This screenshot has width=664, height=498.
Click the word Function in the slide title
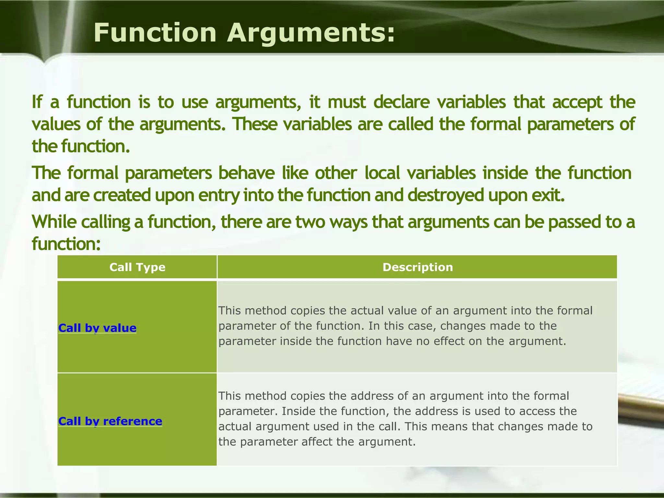pyautogui.click(x=155, y=33)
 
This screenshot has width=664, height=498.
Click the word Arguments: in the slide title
pyautogui.click(x=311, y=33)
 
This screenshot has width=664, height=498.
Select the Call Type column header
pyautogui.click(x=137, y=267)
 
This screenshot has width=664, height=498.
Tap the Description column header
pyautogui.click(x=418, y=267)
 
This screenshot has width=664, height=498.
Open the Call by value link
pyautogui.click(x=97, y=328)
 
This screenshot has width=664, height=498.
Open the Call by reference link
pyautogui.click(x=110, y=421)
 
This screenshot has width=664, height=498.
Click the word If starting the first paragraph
pyautogui.click(x=37, y=102)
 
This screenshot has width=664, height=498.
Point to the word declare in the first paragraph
pyautogui.click(x=401, y=102)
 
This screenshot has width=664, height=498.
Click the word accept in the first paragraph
pyautogui.click(x=577, y=102)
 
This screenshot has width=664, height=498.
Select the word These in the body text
pyautogui.click(x=255, y=124)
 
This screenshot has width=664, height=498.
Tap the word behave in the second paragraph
pyautogui.click(x=246, y=173)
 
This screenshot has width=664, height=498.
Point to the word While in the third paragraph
pyautogui.click(x=54, y=222)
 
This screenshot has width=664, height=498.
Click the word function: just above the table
pyautogui.click(x=66, y=244)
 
